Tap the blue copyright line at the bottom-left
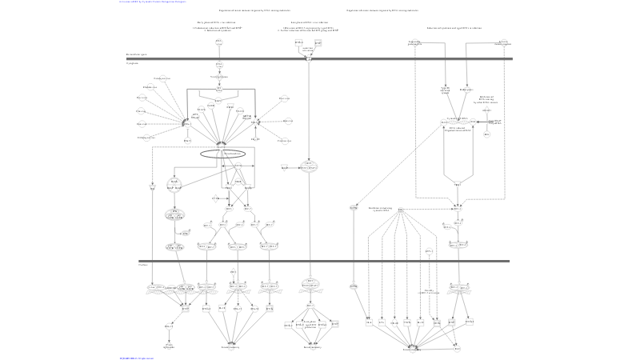pyautogui.click(x=137, y=358)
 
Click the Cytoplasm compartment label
pyautogui.click(x=132, y=63)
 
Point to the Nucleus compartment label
pyautogui.click(x=142, y=265)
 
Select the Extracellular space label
pyautogui.click(x=135, y=54)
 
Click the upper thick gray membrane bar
pyautogui.click(x=320, y=58)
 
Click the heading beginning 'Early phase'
pyautogui.click(x=217, y=22)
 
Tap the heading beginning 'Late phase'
pyautogui.click(x=308, y=22)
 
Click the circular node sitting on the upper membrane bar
pyautogui.click(x=308, y=58)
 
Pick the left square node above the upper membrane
pyautogui.click(x=298, y=42)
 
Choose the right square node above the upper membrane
pyautogui.click(x=318, y=42)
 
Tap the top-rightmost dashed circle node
pyautogui.click(x=503, y=43)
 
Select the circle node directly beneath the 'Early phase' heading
pyautogui.click(x=218, y=42)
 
